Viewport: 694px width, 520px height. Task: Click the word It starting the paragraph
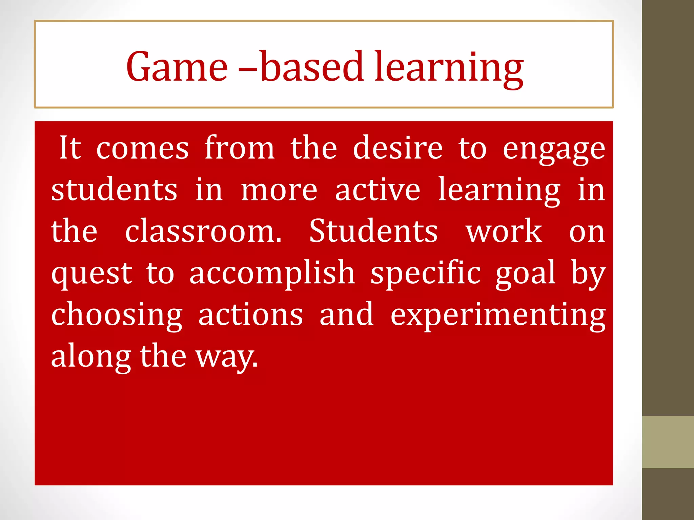click(x=70, y=148)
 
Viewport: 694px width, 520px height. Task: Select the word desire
click(x=397, y=148)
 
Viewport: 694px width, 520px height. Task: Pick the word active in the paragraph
click(x=378, y=190)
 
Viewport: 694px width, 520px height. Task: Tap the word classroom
click(x=203, y=231)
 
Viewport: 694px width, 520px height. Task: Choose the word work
click(x=504, y=231)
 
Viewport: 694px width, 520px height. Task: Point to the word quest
click(x=91, y=274)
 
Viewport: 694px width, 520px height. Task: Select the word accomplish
click(x=272, y=274)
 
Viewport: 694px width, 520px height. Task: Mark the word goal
click(x=525, y=274)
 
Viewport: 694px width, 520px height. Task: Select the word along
click(x=91, y=357)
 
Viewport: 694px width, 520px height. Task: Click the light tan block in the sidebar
click(x=668, y=442)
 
